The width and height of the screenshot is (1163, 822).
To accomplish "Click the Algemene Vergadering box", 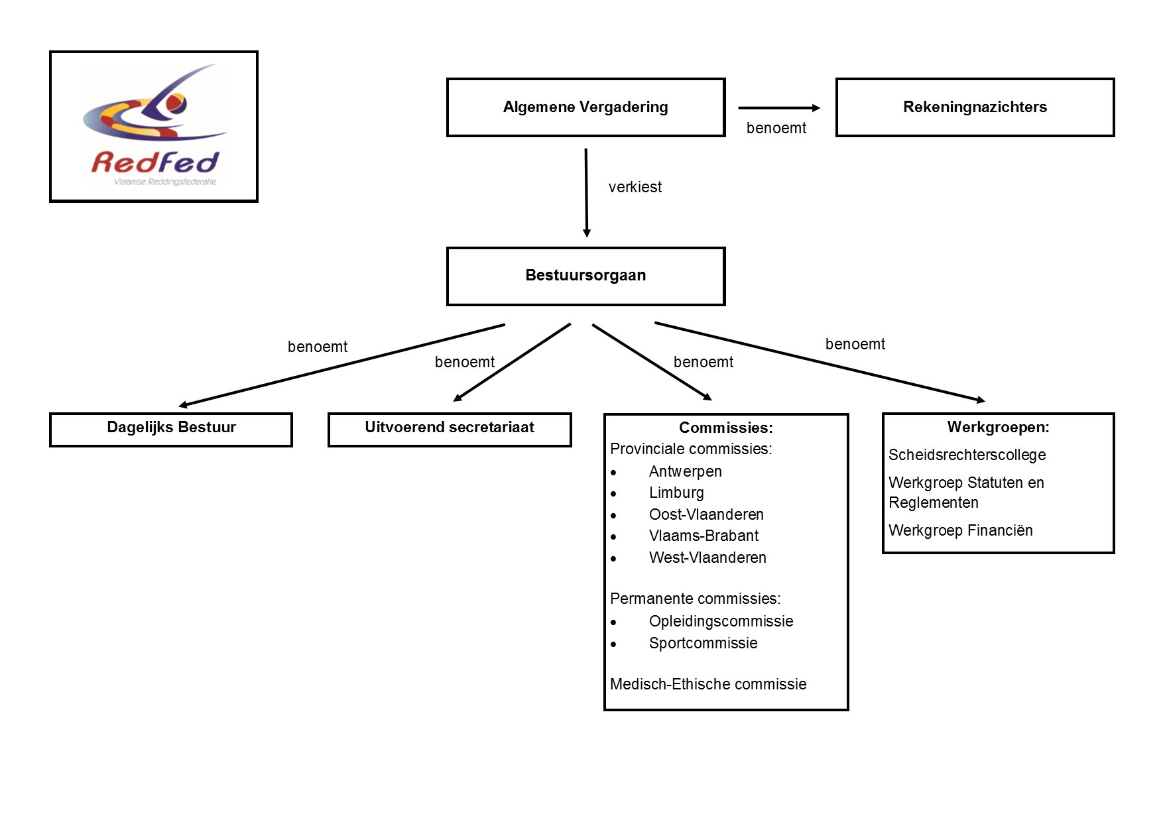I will coord(585,107).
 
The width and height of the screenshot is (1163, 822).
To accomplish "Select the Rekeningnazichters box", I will coord(975,107).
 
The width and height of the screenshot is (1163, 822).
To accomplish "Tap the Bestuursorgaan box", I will coord(585,276).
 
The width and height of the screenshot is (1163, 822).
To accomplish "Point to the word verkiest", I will coord(635,188).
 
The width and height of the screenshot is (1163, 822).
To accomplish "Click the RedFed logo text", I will coord(154,162).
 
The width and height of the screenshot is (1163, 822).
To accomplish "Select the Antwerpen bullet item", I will coord(685,471).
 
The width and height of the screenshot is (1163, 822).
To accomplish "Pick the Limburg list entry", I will coord(676,493).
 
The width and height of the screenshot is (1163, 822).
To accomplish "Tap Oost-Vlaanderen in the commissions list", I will coord(706,514).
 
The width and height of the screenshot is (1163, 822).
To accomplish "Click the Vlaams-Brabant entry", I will coord(704,536).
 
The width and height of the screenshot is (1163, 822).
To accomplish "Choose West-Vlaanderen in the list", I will coord(707,558).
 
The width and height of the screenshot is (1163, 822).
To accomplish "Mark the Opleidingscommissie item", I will coord(721,621).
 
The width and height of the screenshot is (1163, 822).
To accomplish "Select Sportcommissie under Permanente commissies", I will coord(703,643).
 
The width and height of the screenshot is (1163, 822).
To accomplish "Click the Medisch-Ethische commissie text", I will coord(708,684).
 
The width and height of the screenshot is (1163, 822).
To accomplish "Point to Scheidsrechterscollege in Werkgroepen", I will coord(967,455).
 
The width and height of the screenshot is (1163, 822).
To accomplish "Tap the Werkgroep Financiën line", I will coord(960,530).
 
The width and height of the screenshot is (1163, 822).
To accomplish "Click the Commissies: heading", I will coord(725,428).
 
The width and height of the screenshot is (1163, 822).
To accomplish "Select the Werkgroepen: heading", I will coord(998,428).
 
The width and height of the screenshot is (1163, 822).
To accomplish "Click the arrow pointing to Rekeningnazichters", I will coord(779,108).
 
